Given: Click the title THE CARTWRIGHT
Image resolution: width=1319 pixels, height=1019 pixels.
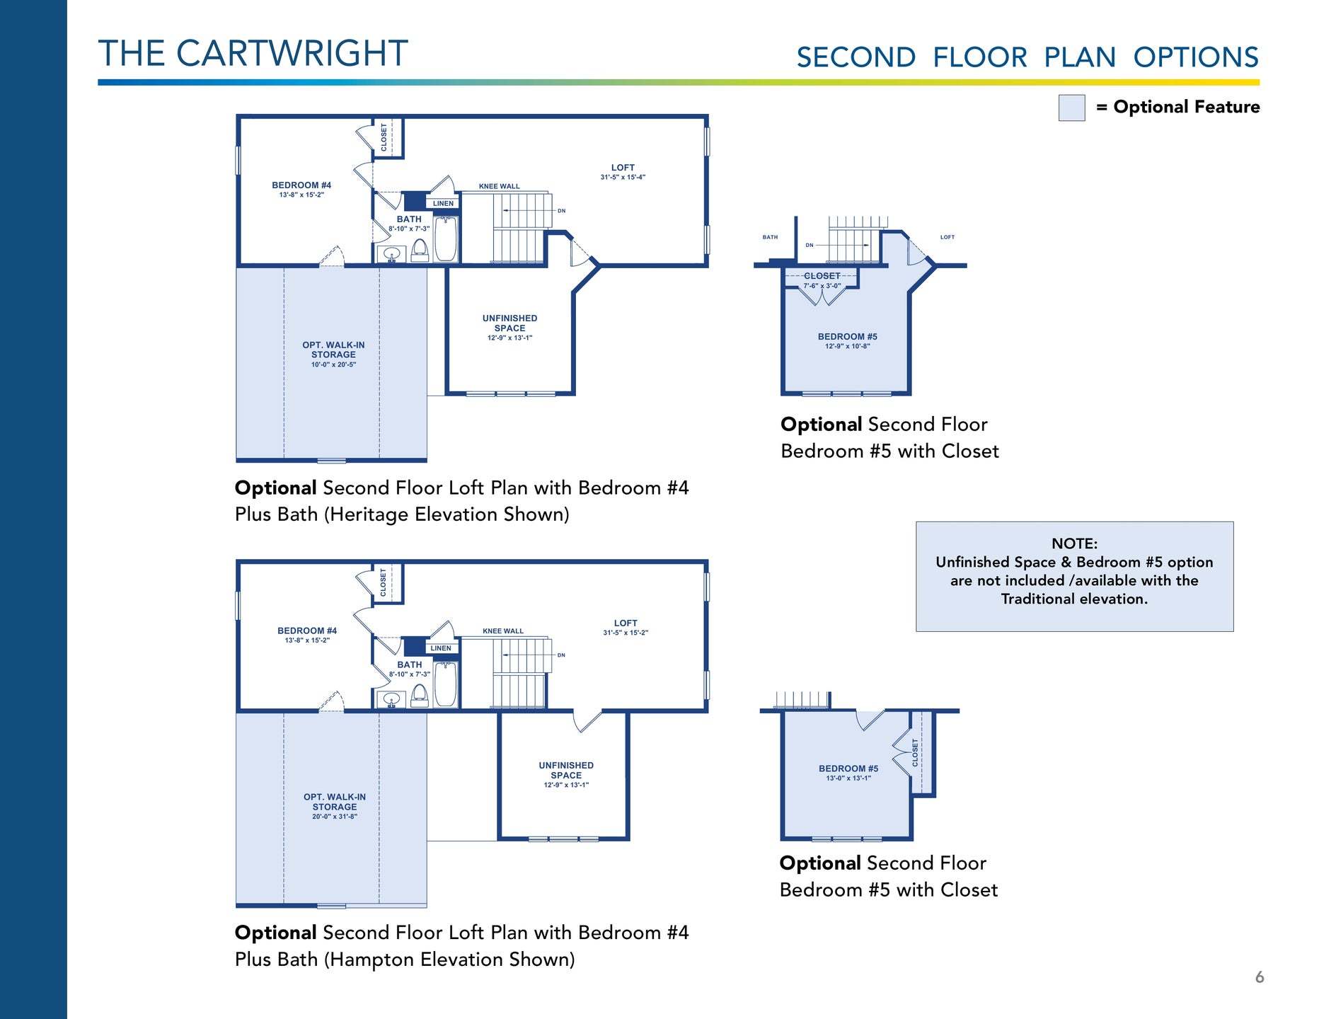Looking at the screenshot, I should coord(253,54).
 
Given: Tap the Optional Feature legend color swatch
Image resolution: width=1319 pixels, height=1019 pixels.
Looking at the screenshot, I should coord(1071,108).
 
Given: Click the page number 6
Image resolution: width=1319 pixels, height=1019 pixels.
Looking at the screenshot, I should coord(1259,977).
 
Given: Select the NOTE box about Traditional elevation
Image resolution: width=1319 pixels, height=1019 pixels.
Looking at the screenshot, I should coord(1074,576).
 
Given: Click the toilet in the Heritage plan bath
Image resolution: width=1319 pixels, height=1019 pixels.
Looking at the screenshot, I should coord(420,250).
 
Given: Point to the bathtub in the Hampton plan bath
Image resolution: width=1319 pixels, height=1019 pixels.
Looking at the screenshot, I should coord(445,684).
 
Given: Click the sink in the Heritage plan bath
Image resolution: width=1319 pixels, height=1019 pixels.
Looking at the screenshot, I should coord(391,254).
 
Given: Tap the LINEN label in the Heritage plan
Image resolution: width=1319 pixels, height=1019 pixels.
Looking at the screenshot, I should coord(443,204).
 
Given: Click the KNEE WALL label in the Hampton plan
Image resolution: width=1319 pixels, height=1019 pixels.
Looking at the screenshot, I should coord(503,631).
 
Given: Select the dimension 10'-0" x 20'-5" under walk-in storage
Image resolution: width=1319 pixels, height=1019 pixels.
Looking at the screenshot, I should coord(333,365).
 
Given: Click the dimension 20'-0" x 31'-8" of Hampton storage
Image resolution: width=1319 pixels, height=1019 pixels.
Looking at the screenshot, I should coord(335,817).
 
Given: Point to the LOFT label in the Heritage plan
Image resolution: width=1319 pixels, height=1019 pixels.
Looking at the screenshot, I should coord(623,168).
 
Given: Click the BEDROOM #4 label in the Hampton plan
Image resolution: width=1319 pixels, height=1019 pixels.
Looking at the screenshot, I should coord(307,631).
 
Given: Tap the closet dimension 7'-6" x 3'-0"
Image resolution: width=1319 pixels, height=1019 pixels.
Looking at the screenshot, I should coord(822,286).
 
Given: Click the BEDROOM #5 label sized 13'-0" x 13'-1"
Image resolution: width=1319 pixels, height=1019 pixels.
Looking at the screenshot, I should coord(848,768).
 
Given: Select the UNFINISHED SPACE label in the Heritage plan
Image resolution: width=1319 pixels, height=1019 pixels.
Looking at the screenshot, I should coord(509,323).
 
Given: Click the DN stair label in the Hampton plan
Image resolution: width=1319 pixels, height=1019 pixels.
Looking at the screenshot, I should coord(561,655).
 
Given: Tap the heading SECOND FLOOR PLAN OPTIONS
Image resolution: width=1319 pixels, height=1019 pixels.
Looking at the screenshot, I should coord(1027,57).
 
